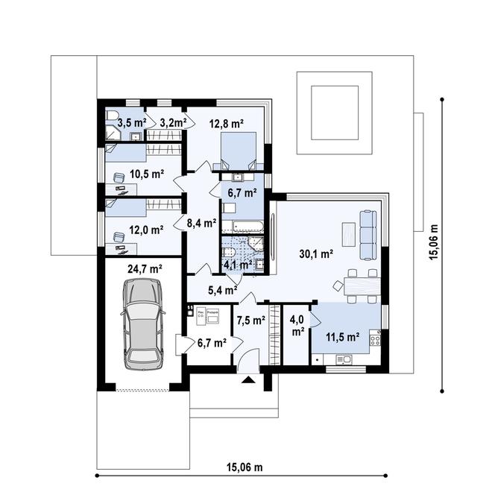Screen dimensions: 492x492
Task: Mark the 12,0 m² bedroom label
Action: [146, 230]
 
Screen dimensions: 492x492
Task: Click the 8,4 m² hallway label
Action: [201, 222]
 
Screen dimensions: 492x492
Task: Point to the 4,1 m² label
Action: [236, 263]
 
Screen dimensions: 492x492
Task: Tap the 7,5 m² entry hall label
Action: [251, 321]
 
